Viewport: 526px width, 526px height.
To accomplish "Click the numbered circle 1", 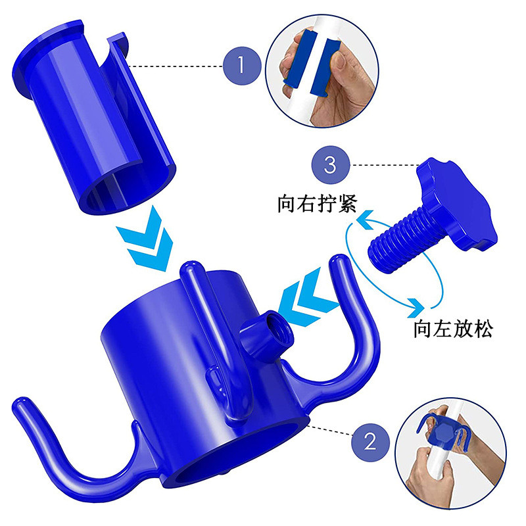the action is (x=242, y=66).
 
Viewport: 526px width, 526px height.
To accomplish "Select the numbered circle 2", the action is (x=370, y=442).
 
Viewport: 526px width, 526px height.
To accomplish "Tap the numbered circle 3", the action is (x=331, y=165).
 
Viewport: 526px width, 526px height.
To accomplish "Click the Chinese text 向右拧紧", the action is (x=317, y=204).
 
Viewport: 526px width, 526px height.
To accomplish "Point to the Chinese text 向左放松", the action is (x=453, y=329).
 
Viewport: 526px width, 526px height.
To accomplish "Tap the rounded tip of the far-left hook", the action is (x=21, y=405).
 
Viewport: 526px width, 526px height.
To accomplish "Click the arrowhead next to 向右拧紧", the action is (x=364, y=220).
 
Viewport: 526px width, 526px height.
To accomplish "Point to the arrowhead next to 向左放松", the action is (x=416, y=307).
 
